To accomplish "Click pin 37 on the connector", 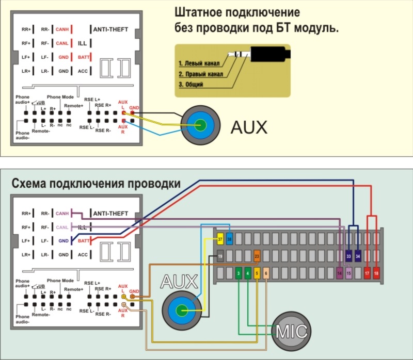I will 220,239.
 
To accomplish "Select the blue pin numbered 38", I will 229,239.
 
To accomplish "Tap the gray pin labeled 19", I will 220,256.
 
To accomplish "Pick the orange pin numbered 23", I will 257,256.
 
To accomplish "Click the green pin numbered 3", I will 239,272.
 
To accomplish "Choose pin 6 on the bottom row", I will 266,272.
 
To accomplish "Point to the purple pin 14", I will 339,272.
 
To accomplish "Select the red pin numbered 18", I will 376,272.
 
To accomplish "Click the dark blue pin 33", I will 348,256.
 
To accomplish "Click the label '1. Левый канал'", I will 199,64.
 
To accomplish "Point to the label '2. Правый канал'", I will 201,74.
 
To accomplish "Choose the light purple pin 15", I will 348,272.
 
